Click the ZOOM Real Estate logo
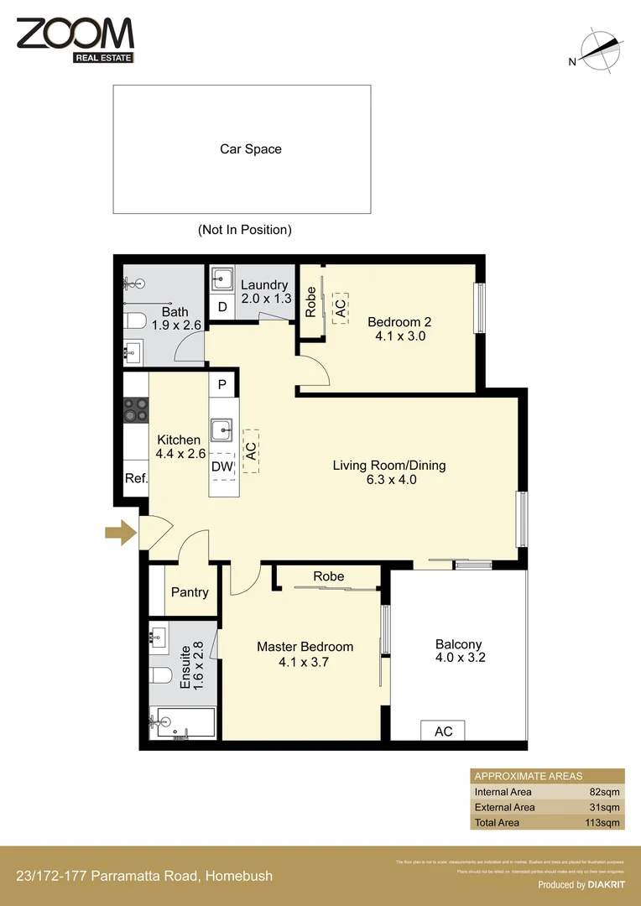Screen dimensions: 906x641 point(75,39)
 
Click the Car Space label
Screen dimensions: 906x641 point(250,149)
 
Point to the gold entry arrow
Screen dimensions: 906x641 point(121,531)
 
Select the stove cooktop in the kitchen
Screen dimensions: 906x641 point(136,410)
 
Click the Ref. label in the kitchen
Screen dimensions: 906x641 point(136,479)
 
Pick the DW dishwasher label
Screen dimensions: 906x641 point(222,466)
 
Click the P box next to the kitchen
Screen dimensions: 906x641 point(222,385)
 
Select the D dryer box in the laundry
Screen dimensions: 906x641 point(221,306)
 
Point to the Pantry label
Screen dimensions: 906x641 point(190,592)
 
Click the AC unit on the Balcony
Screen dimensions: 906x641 point(443,732)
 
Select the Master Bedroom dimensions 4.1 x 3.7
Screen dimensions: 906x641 point(305,662)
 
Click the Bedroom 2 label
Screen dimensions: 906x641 point(399,321)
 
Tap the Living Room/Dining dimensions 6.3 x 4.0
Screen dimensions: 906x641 point(391,481)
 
